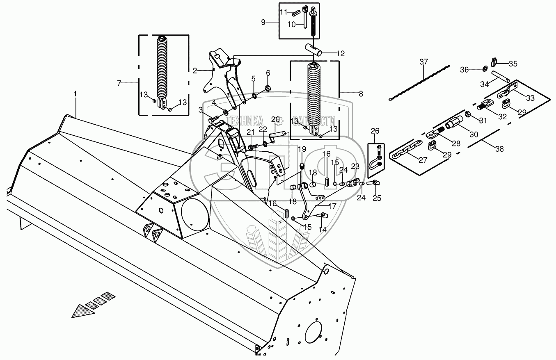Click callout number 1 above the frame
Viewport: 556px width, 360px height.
pyautogui.click(x=75, y=94)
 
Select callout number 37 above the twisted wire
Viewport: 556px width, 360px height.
pyautogui.click(x=424, y=62)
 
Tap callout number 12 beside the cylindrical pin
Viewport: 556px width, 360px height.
pyautogui.click(x=341, y=54)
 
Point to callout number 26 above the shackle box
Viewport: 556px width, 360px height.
pyautogui.click(x=375, y=131)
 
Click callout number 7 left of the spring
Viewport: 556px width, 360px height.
pyautogui.click(x=119, y=83)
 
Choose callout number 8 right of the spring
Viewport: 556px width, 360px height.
pyautogui.click(x=361, y=94)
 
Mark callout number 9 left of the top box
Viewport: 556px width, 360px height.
pyautogui.click(x=263, y=22)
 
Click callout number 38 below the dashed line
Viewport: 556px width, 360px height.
pyautogui.click(x=499, y=149)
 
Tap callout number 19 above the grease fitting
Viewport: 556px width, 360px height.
pyautogui.click(x=302, y=149)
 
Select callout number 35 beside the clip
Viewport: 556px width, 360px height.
pyautogui.click(x=513, y=64)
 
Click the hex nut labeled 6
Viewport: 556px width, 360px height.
pyautogui.click(x=268, y=88)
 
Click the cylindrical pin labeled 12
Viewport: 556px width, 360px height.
pyautogui.click(x=313, y=50)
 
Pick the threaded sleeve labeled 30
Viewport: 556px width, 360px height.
pyautogui.click(x=454, y=122)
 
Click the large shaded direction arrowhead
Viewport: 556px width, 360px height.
pyautogui.click(x=82, y=311)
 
